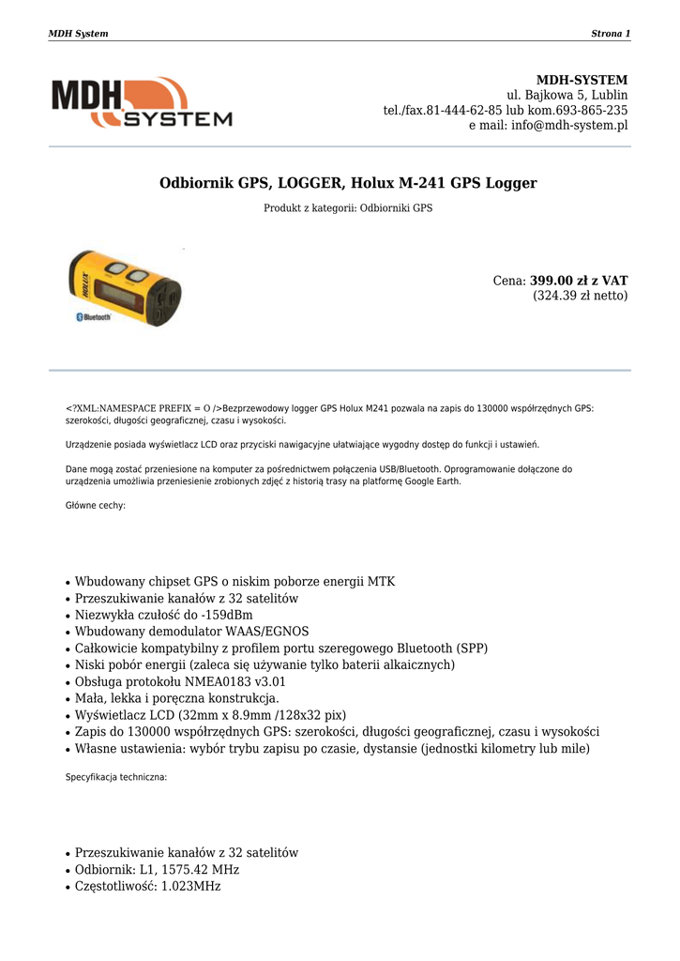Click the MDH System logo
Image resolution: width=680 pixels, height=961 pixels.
tap(141, 102)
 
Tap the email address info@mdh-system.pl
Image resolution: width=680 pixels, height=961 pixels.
tap(569, 126)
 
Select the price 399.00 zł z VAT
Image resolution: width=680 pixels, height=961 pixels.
tap(579, 281)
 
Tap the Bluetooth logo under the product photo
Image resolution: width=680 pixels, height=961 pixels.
tap(93, 318)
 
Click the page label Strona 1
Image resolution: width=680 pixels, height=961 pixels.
tap(610, 34)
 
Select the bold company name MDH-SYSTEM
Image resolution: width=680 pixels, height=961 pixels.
tap(582, 81)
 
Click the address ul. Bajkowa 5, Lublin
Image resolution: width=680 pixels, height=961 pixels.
tap(567, 96)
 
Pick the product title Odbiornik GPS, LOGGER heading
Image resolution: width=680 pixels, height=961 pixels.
tap(348, 183)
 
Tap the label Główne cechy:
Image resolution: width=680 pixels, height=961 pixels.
tap(95, 506)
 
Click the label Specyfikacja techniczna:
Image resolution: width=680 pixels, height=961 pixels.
tap(115, 777)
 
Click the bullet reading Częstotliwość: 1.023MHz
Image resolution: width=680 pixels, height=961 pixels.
tap(147, 887)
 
